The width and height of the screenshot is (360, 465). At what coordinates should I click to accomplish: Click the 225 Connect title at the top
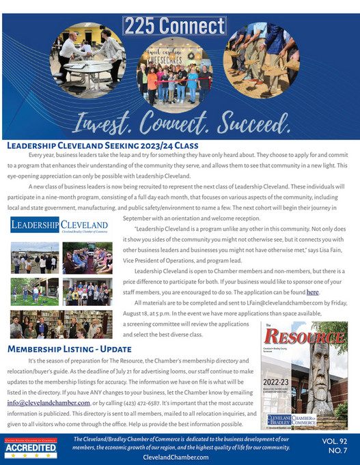tap(174, 26)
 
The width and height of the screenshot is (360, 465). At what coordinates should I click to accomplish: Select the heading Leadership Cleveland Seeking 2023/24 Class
tap(102, 145)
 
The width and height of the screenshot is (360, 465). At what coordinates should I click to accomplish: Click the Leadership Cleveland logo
tap(59, 225)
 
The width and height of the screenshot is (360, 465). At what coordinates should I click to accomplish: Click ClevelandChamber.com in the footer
tap(177, 457)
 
